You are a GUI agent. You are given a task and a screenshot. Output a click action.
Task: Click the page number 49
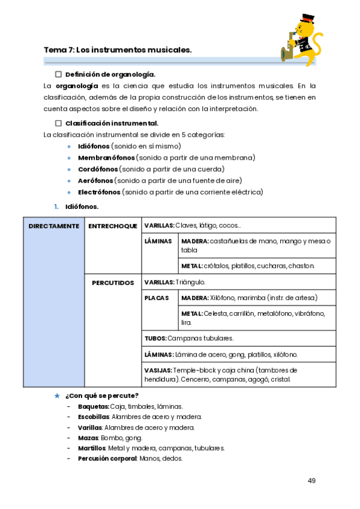tap(311, 480)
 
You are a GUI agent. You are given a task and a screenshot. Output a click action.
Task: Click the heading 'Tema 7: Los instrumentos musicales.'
tap(118, 50)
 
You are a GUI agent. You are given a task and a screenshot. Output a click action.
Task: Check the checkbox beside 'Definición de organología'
tap(58, 74)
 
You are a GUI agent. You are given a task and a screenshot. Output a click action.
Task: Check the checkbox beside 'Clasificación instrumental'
tap(58, 123)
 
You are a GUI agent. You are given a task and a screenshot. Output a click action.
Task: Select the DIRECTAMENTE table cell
tap(54, 226)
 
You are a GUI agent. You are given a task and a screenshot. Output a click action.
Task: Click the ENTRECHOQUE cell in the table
tap(113, 226)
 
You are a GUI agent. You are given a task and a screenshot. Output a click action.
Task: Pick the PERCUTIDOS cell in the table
tap(113, 282)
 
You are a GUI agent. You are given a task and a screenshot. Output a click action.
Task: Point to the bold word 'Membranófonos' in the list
tap(106, 157)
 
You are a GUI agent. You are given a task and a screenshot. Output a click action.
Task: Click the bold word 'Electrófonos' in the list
tap(99, 192)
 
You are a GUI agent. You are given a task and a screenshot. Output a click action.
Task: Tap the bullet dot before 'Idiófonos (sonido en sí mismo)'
tap(70, 146)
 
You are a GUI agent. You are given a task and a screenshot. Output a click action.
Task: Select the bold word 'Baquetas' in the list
tap(93, 406)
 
